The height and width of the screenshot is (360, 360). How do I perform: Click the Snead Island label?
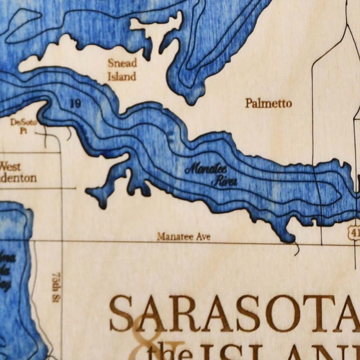pyautogui.click(x=121, y=70)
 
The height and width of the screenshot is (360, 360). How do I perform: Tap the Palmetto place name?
pyautogui.click(x=268, y=103)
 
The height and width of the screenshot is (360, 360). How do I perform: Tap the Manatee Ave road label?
pyautogui.click(x=184, y=236)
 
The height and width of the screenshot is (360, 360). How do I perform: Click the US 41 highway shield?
pyautogui.click(x=354, y=233)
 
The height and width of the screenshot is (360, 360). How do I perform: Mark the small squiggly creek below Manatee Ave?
pyautogui.click(x=296, y=248)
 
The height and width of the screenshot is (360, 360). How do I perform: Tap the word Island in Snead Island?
pyautogui.click(x=121, y=76)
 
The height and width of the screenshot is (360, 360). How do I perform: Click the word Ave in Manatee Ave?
pyautogui.click(x=202, y=236)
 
